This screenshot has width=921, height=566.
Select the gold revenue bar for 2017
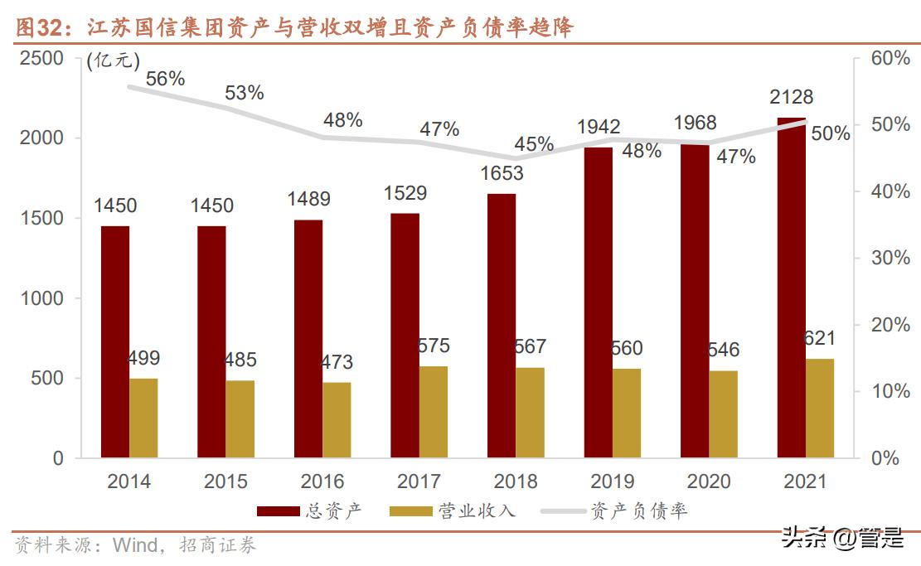point(433,412)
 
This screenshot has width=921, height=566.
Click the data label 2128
point(791,97)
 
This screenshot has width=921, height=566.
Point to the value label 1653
point(502,173)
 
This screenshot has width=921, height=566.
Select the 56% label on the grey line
point(165,79)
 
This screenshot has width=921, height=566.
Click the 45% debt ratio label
point(534,144)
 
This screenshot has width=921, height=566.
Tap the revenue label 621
point(819,338)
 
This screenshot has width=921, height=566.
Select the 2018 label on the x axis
point(515,481)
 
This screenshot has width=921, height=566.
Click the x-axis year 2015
point(225,481)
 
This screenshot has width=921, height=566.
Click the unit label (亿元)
point(114,60)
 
